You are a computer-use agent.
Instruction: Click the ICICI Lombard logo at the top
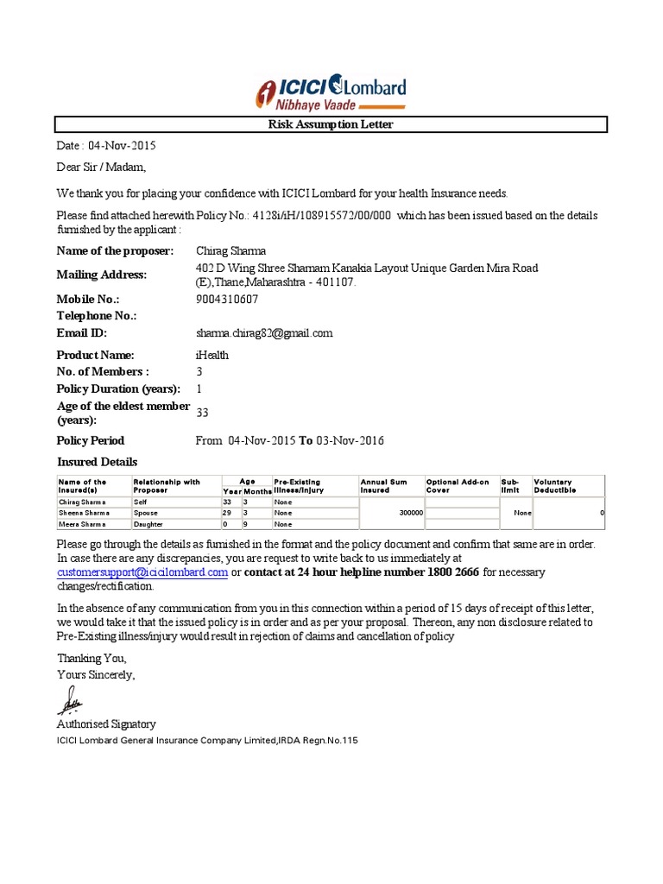coord(331,92)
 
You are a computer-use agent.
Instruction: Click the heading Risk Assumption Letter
coord(332,125)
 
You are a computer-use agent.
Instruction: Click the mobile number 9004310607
coord(227,300)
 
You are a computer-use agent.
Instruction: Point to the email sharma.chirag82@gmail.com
coord(264,332)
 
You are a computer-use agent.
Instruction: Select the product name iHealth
coord(213,355)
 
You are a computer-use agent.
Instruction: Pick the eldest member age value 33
coord(203,413)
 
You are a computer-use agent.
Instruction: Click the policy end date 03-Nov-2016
coord(350,441)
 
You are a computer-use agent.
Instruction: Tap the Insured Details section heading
coord(97,462)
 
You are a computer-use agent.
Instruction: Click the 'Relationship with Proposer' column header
coord(167,486)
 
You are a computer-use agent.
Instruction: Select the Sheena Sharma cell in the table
coord(82,512)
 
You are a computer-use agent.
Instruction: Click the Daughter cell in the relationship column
coord(148,524)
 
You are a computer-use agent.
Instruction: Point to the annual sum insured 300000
coord(410,512)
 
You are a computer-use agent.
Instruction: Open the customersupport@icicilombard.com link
coord(142,572)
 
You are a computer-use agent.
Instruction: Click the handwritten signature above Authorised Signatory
coord(69,700)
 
